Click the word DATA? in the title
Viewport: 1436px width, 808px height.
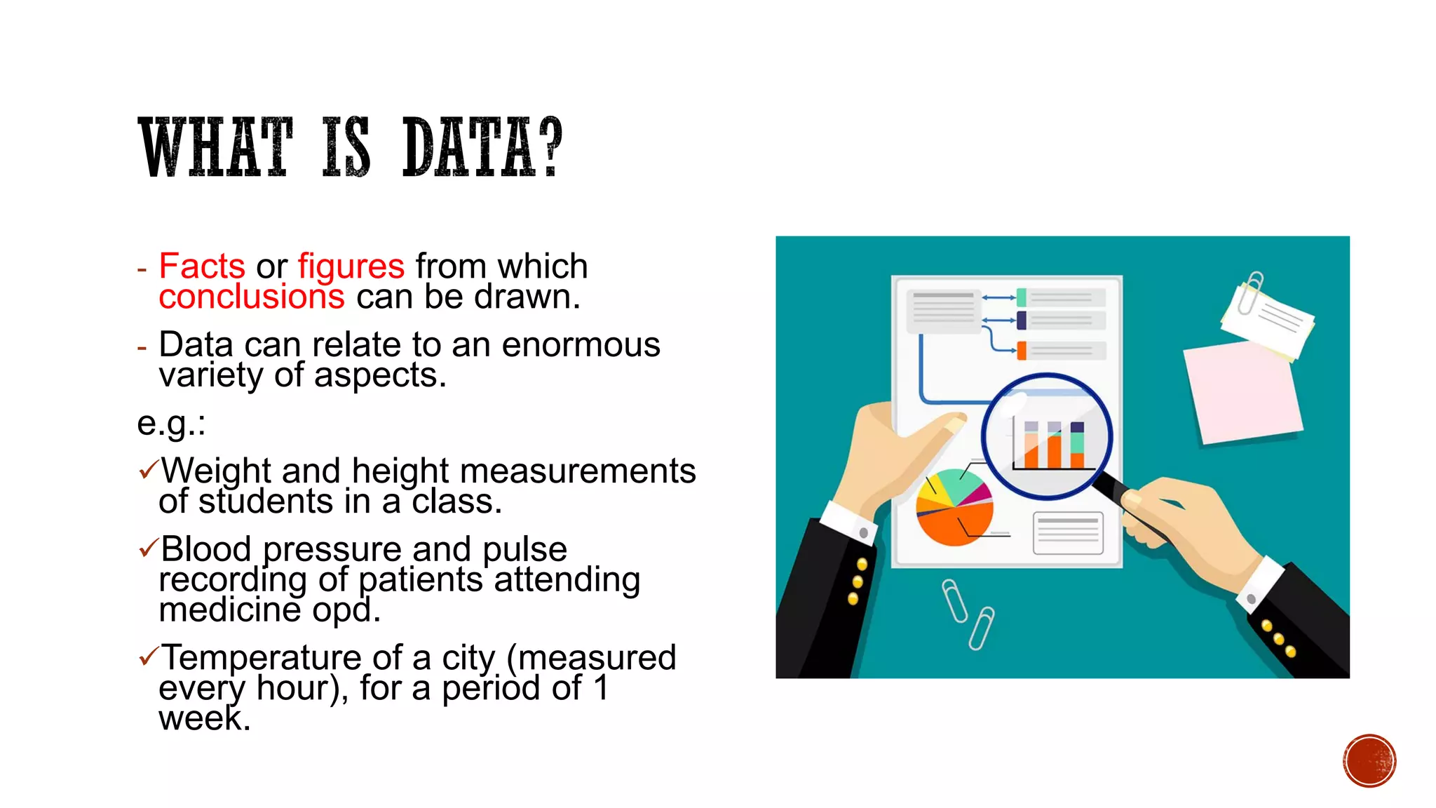(482, 147)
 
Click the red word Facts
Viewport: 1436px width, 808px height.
(202, 267)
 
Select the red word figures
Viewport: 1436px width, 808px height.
(351, 267)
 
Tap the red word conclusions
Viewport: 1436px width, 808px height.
(252, 297)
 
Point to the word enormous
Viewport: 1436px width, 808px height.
(581, 345)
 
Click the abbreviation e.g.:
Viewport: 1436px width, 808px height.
(171, 423)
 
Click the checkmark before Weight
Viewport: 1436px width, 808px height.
(149, 469)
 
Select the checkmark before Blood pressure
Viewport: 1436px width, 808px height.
(149, 547)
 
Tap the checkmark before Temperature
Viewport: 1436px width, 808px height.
(149, 656)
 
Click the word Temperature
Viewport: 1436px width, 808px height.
(261, 658)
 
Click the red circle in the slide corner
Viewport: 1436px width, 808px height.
(1369, 760)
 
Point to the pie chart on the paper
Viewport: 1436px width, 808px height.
(954, 507)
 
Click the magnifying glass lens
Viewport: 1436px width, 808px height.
(1046, 436)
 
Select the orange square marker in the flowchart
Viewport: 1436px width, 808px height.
(1022, 350)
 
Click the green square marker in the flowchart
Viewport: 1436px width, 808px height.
(1022, 297)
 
